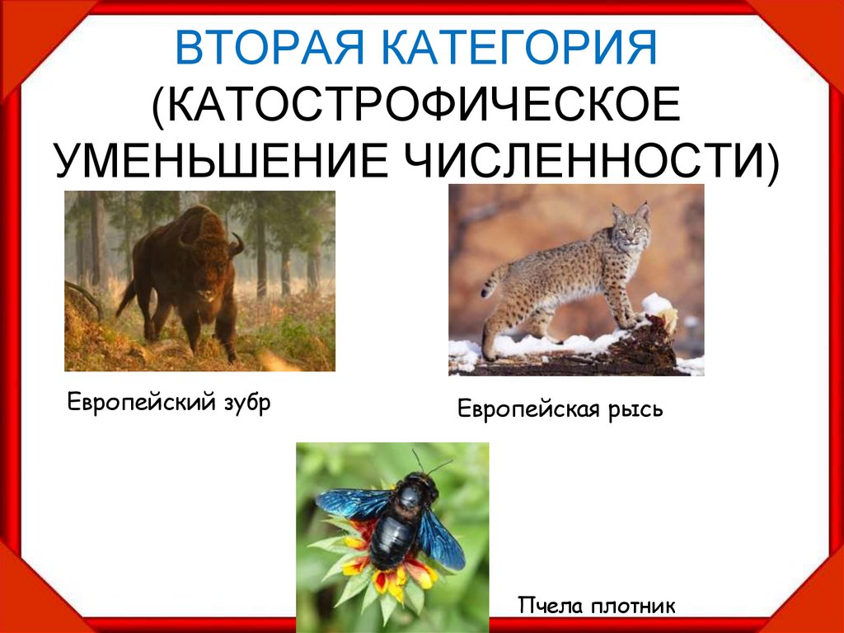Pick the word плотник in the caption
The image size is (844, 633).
632,607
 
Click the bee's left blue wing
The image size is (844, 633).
349,503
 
